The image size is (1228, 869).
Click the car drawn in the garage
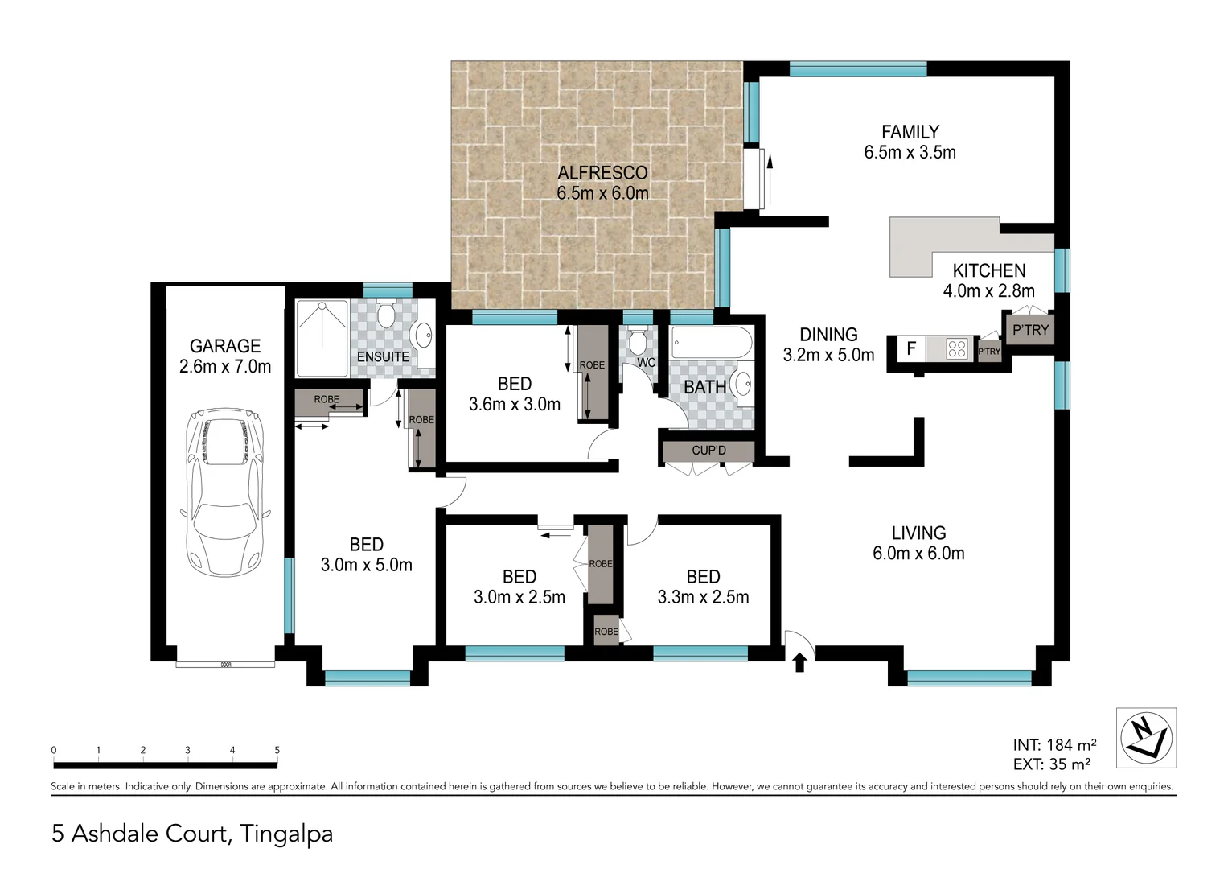(x=224, y=491)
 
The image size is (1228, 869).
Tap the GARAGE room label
(x=225, y=346)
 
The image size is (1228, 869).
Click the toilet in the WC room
(x=638, y=342)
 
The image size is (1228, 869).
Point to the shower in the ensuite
(x=322, y=338)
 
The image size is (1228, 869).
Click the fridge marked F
(x=911, y=349)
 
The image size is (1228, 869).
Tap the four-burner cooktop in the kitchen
(x=957, y=349)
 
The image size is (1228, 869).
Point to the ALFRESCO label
(x=602, y=172)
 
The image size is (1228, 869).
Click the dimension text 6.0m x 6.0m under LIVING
(x=918, y=554)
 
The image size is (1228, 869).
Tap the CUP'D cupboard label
(x=708, y=451)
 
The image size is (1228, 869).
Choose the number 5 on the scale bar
(x=277, y=750)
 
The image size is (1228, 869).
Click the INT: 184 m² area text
(x=1054, y=745)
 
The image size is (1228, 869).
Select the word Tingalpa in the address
(x=286, y=834)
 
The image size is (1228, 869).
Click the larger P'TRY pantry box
(x=1030, y=330)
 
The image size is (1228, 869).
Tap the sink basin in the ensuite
(x=421, y=334)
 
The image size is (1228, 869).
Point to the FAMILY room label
(x=910, y=132)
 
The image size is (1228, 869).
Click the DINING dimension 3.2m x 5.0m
(x=828, y=355)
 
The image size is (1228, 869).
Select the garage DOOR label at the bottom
(x=226, y=665)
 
